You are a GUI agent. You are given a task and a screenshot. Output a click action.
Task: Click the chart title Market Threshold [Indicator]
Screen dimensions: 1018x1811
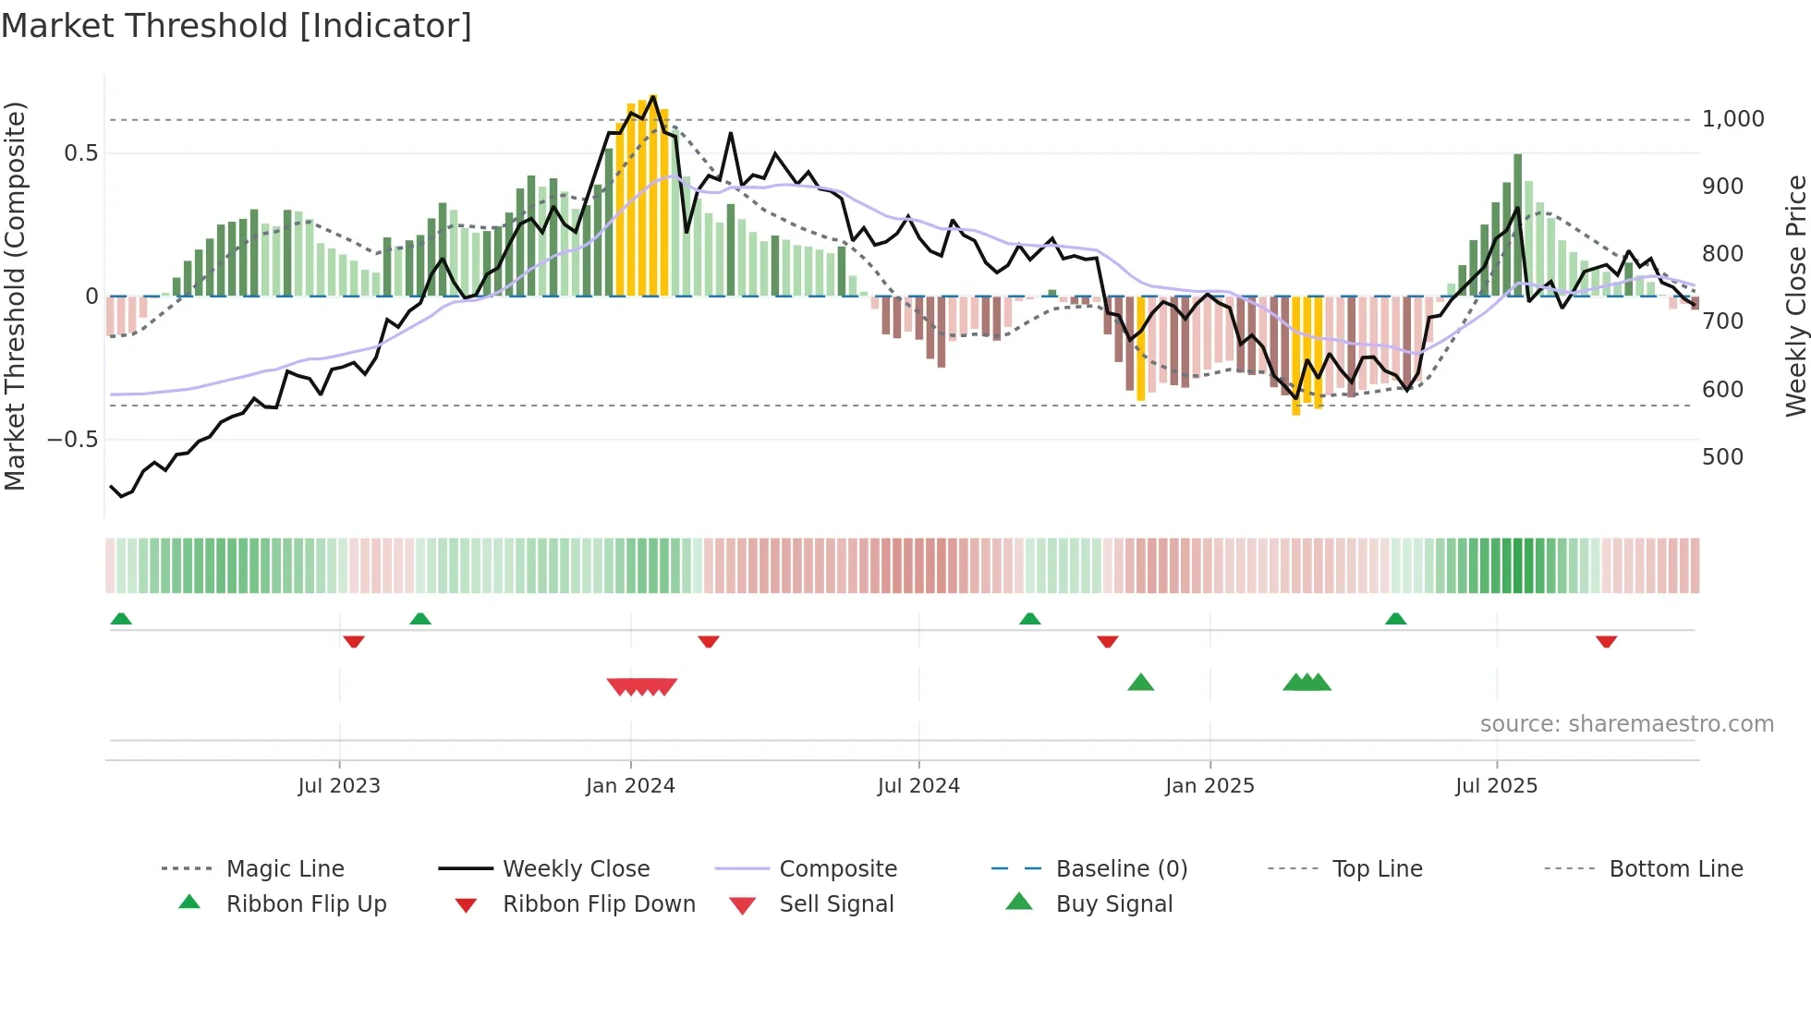click(x=237, y=26)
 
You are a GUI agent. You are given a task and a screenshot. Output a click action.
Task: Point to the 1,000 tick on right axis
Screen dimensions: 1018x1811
click(x=1732, y=119)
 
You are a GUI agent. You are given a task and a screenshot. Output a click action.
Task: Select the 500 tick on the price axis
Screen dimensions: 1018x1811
click(x=1722, y=457)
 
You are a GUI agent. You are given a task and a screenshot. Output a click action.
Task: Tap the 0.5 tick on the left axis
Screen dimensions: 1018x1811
click(x=81, y=153)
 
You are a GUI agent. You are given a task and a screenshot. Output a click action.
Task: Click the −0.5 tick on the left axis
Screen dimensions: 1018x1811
click(x=73, y=440)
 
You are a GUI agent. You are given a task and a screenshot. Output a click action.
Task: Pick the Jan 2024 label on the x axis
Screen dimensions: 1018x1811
click(x=630, y=786)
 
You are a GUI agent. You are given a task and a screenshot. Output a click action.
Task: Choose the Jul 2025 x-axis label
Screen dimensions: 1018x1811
click(x=1496, y=786)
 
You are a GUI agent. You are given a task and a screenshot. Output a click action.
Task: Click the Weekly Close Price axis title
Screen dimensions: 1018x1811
click(x=1795, y=296)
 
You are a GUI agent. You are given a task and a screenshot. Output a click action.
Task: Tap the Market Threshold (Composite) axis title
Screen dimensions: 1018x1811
click(x=15, y=296)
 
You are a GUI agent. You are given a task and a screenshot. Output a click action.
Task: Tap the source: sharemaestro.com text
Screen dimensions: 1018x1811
click(x=1626, y=724)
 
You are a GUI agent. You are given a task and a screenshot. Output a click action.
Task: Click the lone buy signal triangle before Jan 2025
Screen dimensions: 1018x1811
click(x=1141, y=683)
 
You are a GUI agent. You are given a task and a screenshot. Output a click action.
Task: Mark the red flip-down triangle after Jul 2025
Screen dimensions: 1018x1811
click(x=1606, y=641)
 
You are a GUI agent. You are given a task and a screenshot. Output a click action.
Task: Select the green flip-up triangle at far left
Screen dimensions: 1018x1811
click(x=121, y=619)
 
